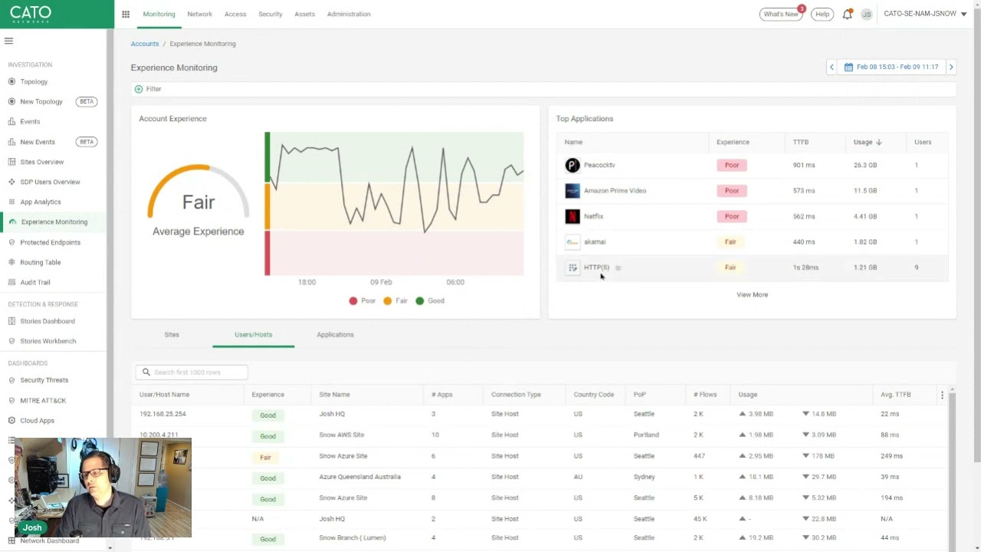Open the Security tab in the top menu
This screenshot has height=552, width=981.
270,14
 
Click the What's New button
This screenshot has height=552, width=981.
780,14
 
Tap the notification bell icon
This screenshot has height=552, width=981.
847,14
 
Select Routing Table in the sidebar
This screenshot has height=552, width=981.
40,262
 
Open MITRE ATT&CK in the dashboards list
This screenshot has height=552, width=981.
43,400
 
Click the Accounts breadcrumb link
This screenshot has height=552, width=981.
145,44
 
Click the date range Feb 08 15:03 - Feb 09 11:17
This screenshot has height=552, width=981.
891,67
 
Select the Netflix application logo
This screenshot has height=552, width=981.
573,216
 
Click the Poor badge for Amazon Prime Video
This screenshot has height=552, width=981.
732,191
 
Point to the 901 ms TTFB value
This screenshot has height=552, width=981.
804,165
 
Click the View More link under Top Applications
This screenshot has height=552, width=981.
752,294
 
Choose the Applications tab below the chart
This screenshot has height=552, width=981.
335,334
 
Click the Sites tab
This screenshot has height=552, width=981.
172,334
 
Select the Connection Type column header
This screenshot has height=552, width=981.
516,394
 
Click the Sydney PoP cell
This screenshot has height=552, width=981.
644,477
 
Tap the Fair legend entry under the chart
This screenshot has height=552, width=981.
395,301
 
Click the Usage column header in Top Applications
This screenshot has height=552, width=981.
864,142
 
